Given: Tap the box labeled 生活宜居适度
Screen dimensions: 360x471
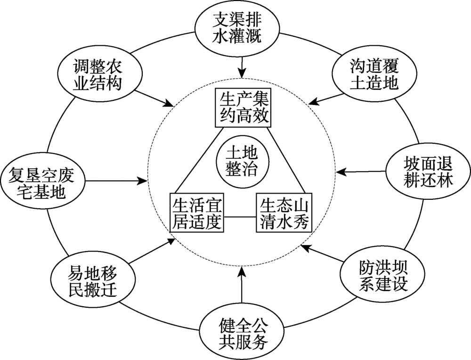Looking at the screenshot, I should tap(197, 212).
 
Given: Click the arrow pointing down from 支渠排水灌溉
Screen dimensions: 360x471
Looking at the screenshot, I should tap(242, 66).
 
